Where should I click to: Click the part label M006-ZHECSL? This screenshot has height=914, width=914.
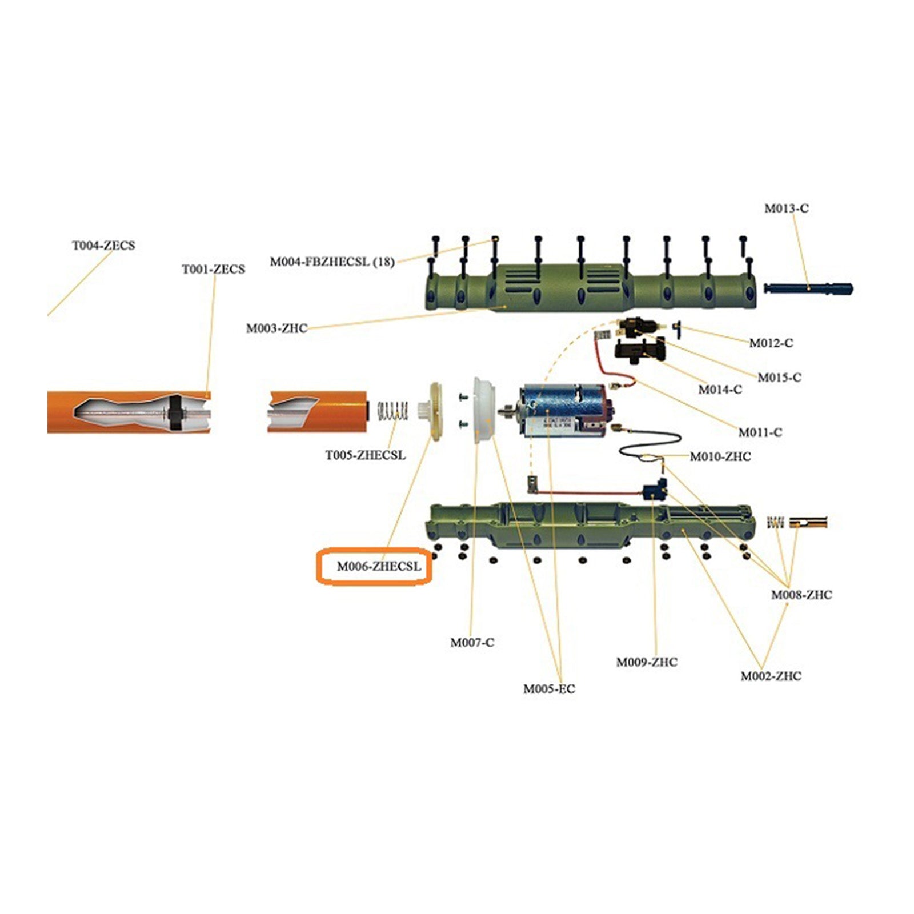379,567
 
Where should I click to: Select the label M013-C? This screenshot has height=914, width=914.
787,209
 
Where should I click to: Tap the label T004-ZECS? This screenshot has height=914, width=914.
103,246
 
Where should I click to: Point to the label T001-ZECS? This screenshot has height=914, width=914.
213,270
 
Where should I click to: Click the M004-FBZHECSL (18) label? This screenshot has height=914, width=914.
332,262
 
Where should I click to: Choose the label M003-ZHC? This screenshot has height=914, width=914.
276,328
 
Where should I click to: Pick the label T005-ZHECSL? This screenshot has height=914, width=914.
366,455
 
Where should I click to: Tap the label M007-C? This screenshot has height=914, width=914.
472,643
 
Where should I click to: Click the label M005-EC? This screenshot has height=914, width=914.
549,689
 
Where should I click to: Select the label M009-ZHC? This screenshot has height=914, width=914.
647,662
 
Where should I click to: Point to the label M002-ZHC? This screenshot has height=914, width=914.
771,676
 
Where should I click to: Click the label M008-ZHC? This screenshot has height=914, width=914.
801,595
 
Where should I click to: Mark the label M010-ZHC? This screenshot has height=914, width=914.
720,456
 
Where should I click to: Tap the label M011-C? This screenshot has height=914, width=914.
760,432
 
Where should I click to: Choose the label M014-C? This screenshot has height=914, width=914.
720,390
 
